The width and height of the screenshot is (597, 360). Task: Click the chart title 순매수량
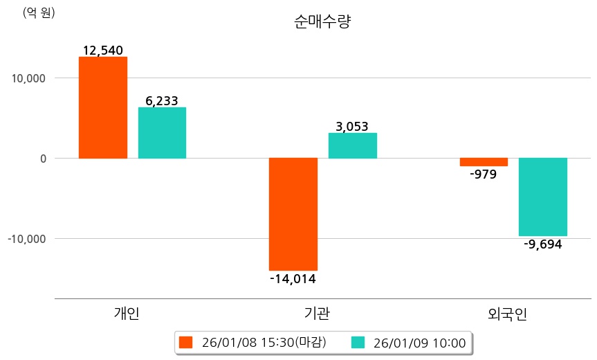pyautogui.click(x=322, y=22)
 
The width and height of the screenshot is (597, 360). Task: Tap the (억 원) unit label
pyautogui.click(x=39, y=13)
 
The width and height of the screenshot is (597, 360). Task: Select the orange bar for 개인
pyautogui.click(x=103, y=107)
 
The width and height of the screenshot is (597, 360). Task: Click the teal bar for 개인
pyautogui.click(x=162, y=133)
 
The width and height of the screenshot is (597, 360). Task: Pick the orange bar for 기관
pyautogui.click(x=293, y=214)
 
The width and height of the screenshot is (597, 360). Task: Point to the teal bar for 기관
pyautogui.click(x=352, y=145)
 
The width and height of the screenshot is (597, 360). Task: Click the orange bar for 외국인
pyautogui.click(x=484, y=162)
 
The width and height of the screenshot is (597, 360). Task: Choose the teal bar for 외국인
pyautogui.click(x=543, y=197)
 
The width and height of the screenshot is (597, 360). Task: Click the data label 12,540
pyautogui.click(x=102, y=51)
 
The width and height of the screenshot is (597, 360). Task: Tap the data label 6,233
pyautogui.click(x=162, y=101)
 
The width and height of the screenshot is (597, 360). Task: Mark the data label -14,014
pyautogui.click(x=293, y=279)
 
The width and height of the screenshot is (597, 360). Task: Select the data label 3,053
pyautogui.click(x=352, y=126)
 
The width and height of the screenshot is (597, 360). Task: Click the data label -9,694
pyautogui.click(x=543, y=244)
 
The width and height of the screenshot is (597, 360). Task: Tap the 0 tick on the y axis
pyautogui.click(x=42, y=159)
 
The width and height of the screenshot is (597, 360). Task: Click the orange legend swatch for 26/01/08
pyautogui.click(x=185, y=342)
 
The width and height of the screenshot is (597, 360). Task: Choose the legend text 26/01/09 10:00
pyautogui.click(x=419, y=342)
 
